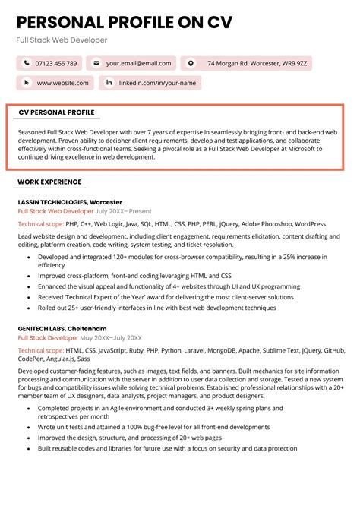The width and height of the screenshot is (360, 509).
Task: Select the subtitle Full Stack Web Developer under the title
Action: (62, 40)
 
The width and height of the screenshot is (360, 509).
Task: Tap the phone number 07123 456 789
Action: (56, 63)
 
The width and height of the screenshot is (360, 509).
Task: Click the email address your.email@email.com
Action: (138, 63)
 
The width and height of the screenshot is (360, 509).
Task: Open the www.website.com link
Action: (62, 82)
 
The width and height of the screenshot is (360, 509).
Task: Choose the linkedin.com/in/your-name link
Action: (157, 82)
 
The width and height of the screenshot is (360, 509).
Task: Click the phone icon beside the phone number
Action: (27, 63)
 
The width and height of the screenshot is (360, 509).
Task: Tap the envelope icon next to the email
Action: (96, 63)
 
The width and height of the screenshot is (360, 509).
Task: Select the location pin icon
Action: (191, 63)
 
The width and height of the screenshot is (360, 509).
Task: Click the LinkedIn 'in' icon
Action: (109, 82)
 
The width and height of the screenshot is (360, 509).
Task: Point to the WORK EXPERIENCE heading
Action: (49, 182)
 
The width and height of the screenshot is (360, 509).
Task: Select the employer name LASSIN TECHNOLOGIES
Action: (52, 201)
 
